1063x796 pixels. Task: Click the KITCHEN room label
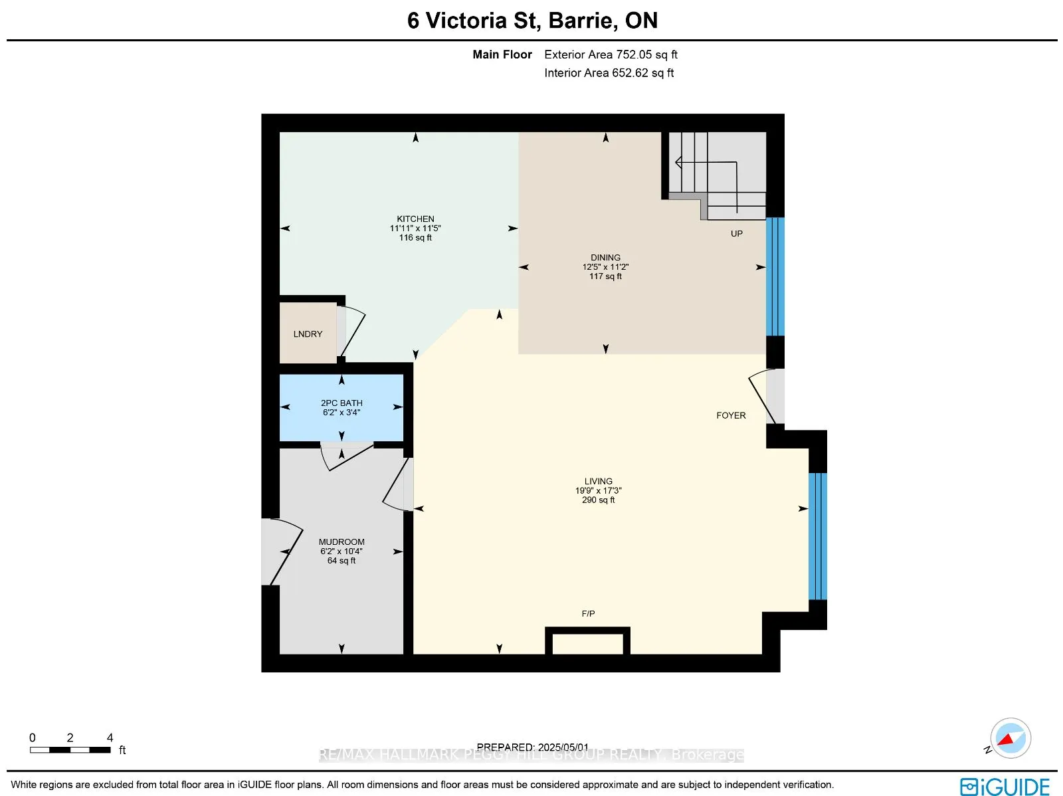pyautogui.click(x=415, y=219)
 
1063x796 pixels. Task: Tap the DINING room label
pyautogui.click(x=605, y=257)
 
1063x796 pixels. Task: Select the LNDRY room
pyautogui.click(x=308, y=334)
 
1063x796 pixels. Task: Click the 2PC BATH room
pyautogui.click(x=341, y=407)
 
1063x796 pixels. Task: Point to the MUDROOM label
pyautogui.click(x=341, y=542)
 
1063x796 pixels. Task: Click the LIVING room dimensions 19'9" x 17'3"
pyautogui.click(x=598, y=490)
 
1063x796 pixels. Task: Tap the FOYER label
pyautogui.click(x=731, y=415)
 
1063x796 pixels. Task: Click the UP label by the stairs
pyautogui.click(x=736, y=233)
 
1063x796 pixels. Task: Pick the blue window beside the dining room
pyautogui.click(x=775, y=276)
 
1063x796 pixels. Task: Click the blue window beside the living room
pyautogui.click(x=817, y=536)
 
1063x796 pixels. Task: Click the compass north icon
pyautogui.click(x=1010, y=738)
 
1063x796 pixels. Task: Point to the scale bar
pyautogui.click(x=70, y=749)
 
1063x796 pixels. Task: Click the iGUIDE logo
pyautogui.click(x=1005, y=786)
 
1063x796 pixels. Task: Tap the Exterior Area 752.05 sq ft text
pyautogui.click(x=611, y=54)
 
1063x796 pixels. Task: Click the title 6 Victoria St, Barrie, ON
pyautogui.click(x=532, y=21)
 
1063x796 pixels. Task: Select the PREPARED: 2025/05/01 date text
pyautogui.click(x=532, y=747)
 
